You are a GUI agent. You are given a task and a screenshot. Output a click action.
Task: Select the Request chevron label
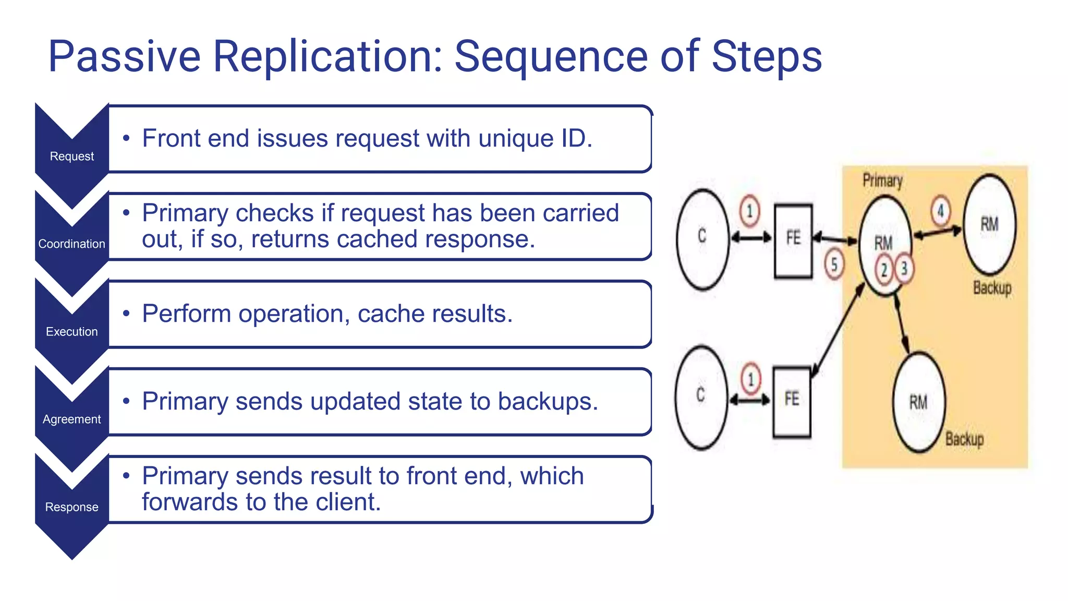pos(72,156)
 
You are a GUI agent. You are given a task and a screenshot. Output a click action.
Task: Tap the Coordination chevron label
pos(72,244)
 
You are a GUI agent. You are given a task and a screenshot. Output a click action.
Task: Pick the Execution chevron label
pos(72,331)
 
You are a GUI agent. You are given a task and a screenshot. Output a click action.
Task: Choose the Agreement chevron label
pos(72,419)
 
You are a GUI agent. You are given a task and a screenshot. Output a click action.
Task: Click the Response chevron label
pos(72,507)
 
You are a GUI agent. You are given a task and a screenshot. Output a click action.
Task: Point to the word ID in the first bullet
pos(573,138)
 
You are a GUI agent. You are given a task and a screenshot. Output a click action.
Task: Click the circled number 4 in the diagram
pos(941,211)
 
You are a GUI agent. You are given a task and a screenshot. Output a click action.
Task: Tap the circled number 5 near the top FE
pos(834,265)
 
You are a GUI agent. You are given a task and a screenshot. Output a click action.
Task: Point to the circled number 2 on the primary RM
pos(884,270)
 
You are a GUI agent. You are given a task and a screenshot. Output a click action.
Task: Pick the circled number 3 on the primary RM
pos(904,269)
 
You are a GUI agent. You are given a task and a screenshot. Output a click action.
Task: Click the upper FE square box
pos(793,241)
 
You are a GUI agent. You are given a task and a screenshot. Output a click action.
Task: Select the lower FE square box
pos(792,401)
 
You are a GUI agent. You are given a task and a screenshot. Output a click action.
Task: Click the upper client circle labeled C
pos(702,239)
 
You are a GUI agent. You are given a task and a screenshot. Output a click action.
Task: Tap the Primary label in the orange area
pos(882,181)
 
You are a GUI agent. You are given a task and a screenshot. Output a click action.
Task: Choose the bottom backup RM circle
pos(919,402)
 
